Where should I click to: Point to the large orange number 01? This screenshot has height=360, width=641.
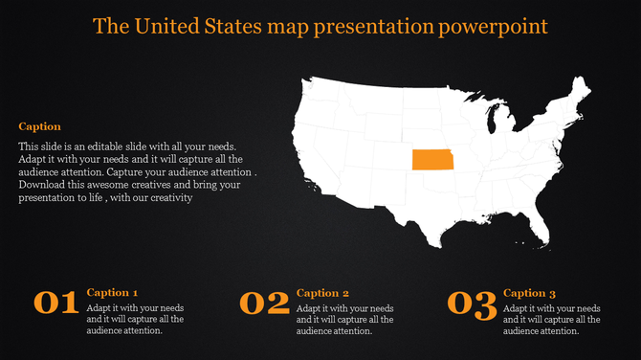coord(56,304)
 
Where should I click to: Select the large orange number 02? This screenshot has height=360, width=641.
coord(264,304)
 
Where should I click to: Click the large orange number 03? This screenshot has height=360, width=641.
coord(472,304)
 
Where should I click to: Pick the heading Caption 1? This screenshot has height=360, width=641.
coord(112,292)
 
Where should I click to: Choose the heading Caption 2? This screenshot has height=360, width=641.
coord(322,293)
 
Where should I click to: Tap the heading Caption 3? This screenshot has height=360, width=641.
coord(529,293)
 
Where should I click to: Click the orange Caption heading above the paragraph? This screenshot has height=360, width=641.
coord(39,126)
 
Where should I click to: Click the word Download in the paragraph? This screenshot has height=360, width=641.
coord(44,185)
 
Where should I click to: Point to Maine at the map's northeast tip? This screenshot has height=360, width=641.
coord(579,92)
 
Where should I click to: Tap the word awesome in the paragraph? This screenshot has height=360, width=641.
coord(115,185)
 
